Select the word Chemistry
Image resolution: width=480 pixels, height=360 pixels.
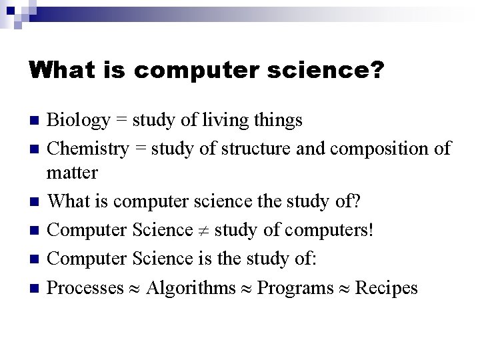coord(88,149)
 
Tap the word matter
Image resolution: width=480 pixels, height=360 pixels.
coord(72,173)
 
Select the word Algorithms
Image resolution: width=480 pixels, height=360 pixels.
coord(191,288)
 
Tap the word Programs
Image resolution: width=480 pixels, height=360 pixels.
coord(295,288)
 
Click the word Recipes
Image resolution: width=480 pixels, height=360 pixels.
coord(387,288)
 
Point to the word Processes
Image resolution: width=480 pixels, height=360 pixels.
coord(86,288)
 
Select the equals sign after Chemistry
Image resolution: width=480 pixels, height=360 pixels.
coord(140,149)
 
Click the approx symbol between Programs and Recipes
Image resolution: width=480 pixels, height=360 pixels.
coord(345,289)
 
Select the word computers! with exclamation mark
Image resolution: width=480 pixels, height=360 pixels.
coord(330,231)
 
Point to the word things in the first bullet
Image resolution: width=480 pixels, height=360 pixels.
coord(279,121)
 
